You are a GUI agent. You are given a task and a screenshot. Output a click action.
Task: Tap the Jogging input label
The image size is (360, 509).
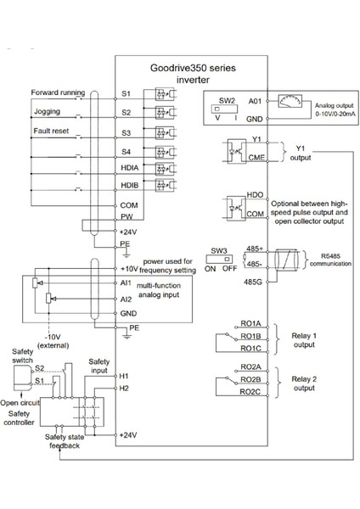click(x=47, y=111)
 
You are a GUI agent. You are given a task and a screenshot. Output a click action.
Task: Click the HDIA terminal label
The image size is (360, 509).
click(x=129, y=170)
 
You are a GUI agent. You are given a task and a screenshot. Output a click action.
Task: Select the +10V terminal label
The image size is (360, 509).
click(x=130, y=268)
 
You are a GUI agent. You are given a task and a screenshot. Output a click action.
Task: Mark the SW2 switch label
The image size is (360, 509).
click(x=227, y=99)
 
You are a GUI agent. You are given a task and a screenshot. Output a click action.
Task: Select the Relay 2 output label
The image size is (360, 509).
click(x=303, y=384)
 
